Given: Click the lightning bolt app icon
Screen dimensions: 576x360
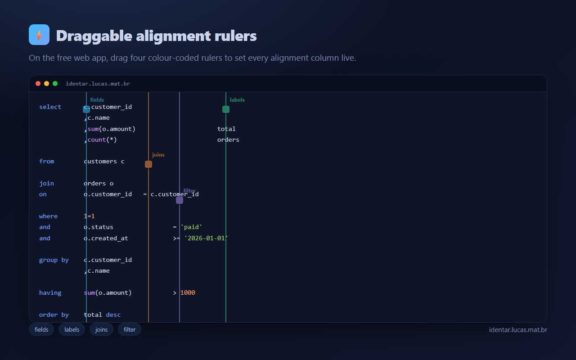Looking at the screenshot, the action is pos(39,35).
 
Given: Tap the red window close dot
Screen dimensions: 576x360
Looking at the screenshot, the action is pos(38,84).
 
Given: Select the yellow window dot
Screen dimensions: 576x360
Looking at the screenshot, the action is pos(46,84).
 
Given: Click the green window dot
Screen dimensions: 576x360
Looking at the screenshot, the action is pos(55,84).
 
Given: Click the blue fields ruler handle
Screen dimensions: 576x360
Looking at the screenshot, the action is pos(86,109).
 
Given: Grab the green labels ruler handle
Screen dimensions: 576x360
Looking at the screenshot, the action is pos(226,109).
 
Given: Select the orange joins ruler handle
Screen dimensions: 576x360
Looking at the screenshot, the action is pos(148,164).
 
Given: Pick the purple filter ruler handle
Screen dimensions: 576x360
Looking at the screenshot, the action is pos(180,200).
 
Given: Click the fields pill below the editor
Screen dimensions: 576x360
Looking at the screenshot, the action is pos(41,329).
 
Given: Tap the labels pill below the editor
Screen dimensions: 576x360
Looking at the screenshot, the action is pos(72,329).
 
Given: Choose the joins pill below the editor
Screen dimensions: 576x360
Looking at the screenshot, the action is pos(101,329).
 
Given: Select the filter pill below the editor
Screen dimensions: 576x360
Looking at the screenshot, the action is pos(129,329).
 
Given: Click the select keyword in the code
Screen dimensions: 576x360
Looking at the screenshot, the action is pos(50,107).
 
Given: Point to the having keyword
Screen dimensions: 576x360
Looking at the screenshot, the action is pos(50,292).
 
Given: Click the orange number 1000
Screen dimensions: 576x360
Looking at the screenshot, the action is pos(188,292).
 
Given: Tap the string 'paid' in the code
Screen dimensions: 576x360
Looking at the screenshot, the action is pos(191,227).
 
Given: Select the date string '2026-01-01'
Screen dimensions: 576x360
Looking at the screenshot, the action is pos(206,238).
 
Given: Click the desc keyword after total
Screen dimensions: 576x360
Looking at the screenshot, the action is pos(113,315).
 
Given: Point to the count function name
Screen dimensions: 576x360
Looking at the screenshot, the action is pos(97,139).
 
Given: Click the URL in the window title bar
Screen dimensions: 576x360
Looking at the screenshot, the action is pos(98,84).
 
